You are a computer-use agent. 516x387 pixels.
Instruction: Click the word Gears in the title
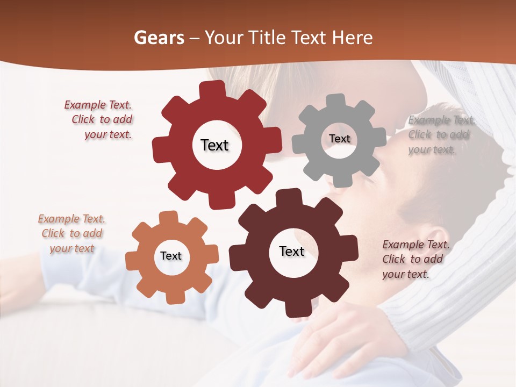click(159, 38)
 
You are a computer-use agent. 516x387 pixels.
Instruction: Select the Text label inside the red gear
click(214, 145)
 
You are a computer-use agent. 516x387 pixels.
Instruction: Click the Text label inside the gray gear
click(339, 139)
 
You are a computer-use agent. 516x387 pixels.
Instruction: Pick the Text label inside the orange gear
click(171, 256)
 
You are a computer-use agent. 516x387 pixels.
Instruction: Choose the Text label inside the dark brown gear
click(292, 251)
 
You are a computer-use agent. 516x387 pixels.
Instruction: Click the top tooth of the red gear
click(212, 89)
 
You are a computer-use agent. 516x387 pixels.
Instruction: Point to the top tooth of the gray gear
click(336, 101)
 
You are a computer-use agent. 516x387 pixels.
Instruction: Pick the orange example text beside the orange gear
click(71, 234)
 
